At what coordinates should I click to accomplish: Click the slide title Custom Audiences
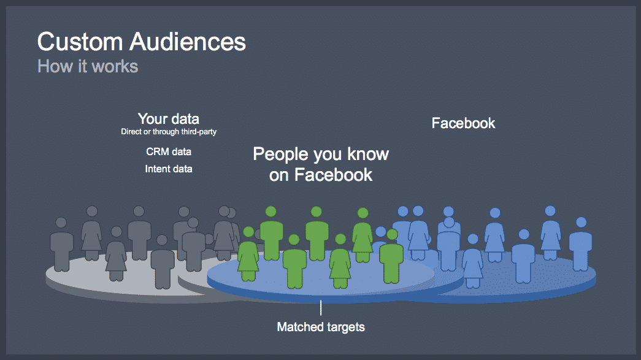point(142,42)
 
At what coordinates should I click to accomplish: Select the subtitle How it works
point(88,66)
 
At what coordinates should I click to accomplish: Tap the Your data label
point(169,119)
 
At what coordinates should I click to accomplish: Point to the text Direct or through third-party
point(169,132)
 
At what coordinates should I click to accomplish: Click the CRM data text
point(169,151)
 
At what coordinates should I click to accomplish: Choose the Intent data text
point(169,169)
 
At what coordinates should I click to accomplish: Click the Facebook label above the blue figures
point(463,123)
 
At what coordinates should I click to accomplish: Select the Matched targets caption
point(321,327)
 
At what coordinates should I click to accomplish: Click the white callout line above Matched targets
point(321,308)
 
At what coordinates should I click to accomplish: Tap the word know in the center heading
point(368,154)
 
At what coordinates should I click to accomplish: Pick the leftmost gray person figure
point(61,244)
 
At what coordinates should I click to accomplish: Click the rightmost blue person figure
point(580,244)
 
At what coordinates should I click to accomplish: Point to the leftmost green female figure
point(248,254)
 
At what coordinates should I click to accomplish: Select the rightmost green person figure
point(391,256)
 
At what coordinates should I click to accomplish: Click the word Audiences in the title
point(188,42)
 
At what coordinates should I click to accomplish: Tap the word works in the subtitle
point(115,66)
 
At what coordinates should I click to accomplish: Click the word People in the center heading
point(280,155)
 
